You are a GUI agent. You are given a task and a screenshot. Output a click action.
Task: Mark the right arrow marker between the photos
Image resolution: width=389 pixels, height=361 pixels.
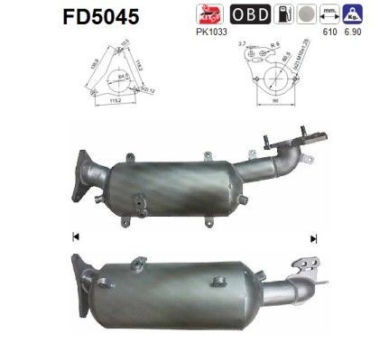[x=313, y=238]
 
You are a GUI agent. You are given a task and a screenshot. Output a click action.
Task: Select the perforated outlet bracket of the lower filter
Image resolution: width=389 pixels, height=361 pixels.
[x=311, y=264]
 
